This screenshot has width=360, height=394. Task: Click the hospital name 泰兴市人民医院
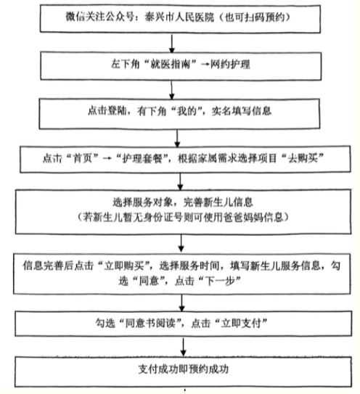[x=179, y=17]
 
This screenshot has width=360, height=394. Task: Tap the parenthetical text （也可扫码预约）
[x=254, y=17]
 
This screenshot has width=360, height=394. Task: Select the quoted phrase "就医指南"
[x=171, y=64]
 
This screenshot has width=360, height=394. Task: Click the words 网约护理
[x=230, y=65]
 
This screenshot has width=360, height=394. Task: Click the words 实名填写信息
[x=242, y=111]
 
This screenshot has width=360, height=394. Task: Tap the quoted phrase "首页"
[x=84, y=157]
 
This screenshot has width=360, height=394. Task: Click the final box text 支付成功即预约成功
[x=184, y=369]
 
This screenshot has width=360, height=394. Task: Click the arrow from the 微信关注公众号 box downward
[x=172, y=43]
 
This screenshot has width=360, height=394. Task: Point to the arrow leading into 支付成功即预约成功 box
[x=184, y=347]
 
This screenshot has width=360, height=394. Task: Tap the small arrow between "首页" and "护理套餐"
[x=107, y=158]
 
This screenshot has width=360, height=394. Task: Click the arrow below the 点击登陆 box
[x=177, y=138]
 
